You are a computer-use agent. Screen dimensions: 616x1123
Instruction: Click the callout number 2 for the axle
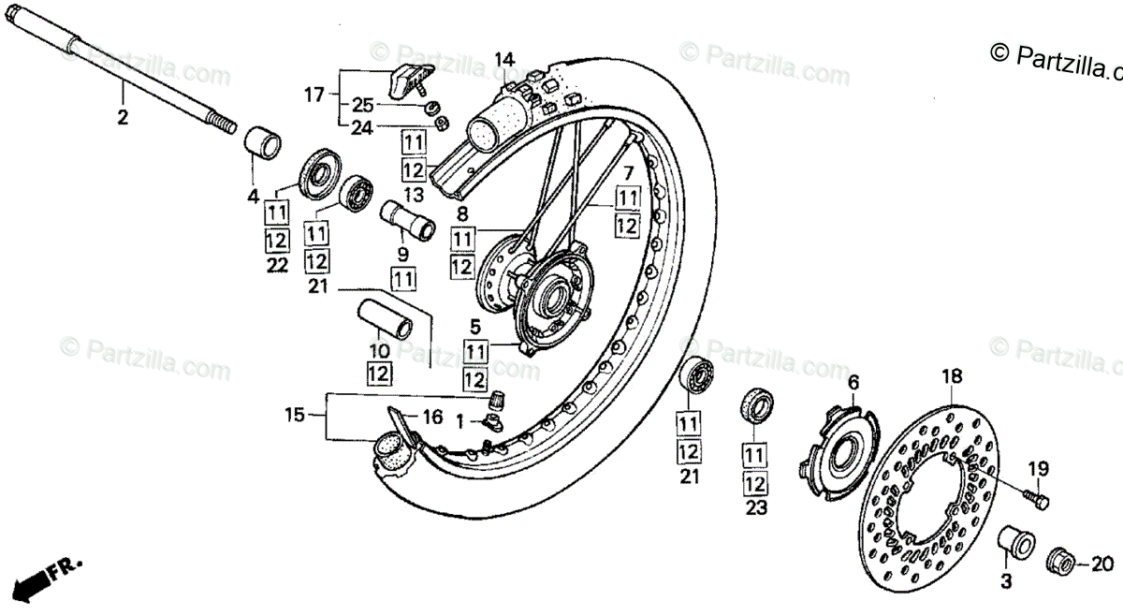point(123,118)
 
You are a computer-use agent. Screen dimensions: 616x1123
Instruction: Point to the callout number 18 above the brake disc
point(951,377)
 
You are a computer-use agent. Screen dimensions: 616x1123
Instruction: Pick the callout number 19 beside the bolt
point(1038,468)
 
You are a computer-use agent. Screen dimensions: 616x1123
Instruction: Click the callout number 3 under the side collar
point(1005,581)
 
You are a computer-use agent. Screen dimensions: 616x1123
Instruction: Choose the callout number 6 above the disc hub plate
point(853,382)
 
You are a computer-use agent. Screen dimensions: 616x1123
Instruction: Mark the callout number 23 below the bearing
point(756,509)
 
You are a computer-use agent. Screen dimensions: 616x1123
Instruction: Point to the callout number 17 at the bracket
point(314,95)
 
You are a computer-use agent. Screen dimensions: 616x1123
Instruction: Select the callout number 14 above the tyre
point(505,59)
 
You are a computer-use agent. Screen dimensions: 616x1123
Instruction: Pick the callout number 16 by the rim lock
point(432,418)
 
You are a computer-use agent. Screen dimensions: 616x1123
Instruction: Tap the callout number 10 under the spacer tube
point(378,351)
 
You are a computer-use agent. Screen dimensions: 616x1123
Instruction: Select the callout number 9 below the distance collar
point(402,253)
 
